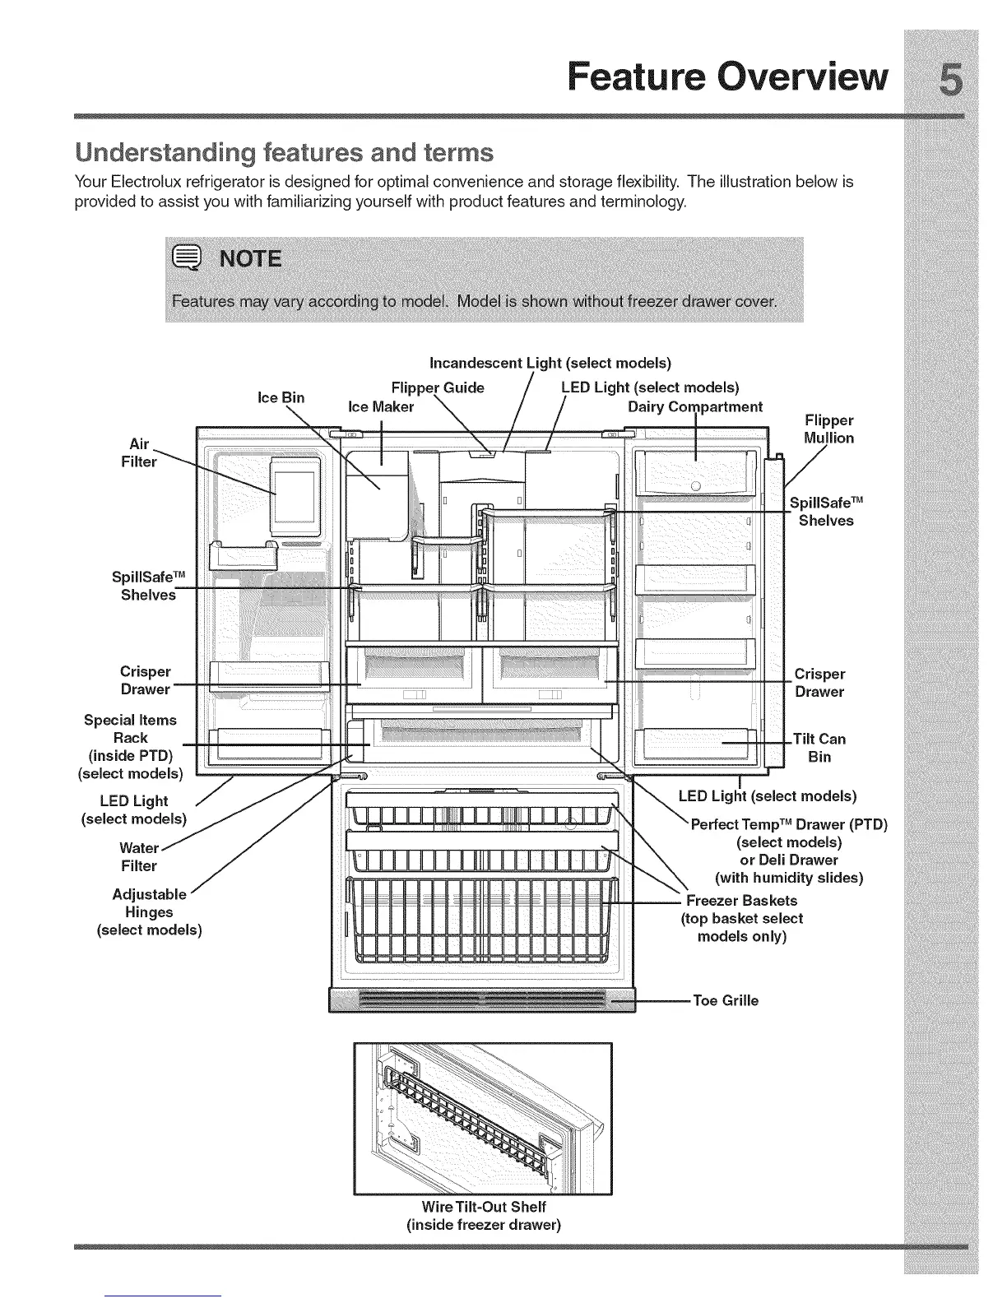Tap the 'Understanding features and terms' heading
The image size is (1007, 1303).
284,153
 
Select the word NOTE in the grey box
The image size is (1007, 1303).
248,260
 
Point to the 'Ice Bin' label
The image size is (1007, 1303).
281,397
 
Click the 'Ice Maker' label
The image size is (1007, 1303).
381,406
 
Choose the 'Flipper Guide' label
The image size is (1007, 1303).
438,387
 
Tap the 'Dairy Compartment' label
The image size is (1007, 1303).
694,406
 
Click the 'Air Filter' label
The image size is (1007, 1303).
138,452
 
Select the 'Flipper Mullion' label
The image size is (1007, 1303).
828,429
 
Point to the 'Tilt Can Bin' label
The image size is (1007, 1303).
819,748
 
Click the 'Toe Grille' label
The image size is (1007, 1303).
726,1000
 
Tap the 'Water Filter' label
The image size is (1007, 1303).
138,856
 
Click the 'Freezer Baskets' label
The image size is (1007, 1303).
741,900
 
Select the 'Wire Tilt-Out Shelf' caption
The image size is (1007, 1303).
483,1207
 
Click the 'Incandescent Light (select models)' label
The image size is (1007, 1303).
550,363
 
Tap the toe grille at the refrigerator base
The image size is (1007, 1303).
482,1001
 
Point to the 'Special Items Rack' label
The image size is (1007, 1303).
130,729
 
